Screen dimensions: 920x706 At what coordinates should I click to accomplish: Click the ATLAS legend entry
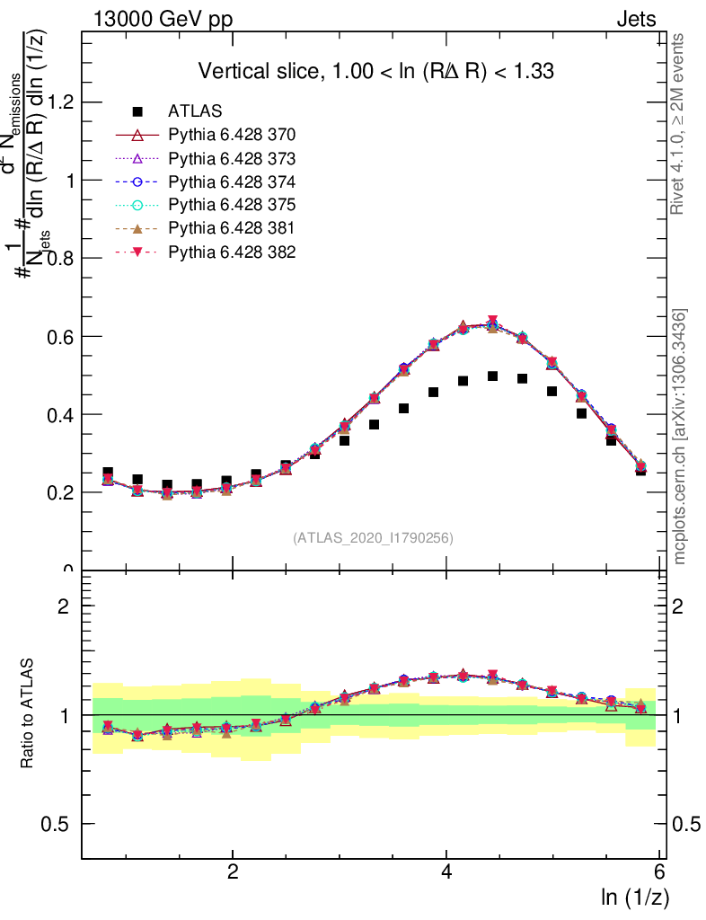(195, 111)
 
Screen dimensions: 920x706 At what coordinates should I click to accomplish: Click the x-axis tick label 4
(446, 871)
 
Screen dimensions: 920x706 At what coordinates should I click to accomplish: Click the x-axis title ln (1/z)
(635, 897)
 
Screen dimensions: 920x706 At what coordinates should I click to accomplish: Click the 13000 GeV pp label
(162, 19)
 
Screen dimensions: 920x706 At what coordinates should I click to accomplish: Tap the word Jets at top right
(636, 19)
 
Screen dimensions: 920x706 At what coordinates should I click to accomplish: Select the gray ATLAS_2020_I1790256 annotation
(373, 538)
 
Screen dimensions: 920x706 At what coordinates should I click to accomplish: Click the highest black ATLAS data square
(492, 376)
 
